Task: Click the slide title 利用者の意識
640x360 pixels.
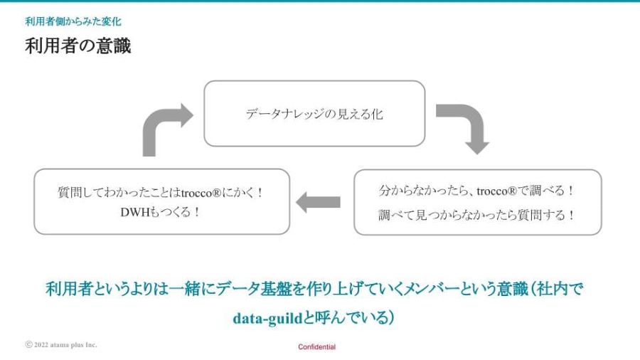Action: pyautogui.click(x=78, y=46)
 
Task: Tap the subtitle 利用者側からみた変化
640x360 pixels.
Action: pyautogui.click(x=73, y=21)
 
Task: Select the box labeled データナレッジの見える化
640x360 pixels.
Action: pyautogui.click(x=314, y=113)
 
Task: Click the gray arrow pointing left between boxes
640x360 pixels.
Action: pyautogui.click(x=318, y=202)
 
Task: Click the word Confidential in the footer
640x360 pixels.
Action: pyautogui.click(x=316, y=347)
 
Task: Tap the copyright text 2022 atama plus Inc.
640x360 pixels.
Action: pyautogui.click(x=65, y=345)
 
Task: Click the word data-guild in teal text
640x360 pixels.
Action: pyautogui.click(x=267, y=318)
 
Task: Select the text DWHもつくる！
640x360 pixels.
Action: pyautogui.click(x=161, y=212)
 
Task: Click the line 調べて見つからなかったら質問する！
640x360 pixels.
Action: pyautogui.click(x=476, y=215)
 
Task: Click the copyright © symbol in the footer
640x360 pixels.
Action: pyautogui.click(x=28, y=344)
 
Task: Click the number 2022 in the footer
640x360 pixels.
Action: pyautogui.click(x=41, y=345)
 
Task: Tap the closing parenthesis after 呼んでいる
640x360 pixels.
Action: pyautogui.click(x=390, y=318)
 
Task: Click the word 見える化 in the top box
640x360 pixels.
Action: pyautogui.click(x=360, y=114)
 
